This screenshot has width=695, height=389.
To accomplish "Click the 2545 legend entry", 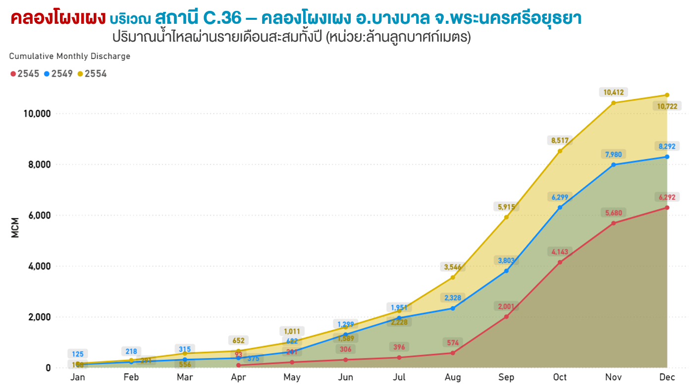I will (25, 74).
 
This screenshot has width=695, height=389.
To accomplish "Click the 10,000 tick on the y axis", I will (37, 114).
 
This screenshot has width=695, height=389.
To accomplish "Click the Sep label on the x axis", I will (506, 378).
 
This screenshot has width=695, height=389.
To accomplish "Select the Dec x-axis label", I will (667, 378).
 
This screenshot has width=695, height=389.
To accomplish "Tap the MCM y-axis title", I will (15, 227).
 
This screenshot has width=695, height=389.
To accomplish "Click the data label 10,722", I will (667, 106).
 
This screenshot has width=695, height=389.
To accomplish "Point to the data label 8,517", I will (560, 140).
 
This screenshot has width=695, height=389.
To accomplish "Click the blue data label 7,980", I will (613, 154).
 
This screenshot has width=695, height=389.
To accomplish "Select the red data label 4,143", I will (560, 252).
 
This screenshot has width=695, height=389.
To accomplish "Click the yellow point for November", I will (613, 103).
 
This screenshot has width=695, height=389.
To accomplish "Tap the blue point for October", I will (560, 208).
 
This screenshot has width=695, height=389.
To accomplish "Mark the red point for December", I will (667, 208).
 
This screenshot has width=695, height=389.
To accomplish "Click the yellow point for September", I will (506, 217).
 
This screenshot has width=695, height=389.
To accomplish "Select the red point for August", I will (453, 353).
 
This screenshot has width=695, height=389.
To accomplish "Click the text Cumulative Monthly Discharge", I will (70, 56).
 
